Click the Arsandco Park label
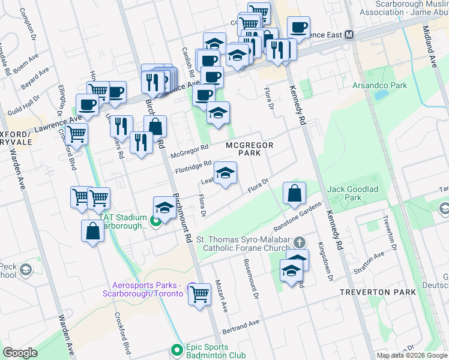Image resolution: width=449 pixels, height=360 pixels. (x=379, y=85)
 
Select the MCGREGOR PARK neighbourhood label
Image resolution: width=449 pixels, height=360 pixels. (x=250, y=149)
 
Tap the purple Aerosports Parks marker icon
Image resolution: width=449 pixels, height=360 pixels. (x=191, y=286)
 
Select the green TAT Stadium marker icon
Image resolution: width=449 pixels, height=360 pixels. (x=155, y=221)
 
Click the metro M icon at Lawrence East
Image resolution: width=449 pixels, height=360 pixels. (x=349, y=35)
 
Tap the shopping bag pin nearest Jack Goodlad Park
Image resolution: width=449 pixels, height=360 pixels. (x=294, y=193)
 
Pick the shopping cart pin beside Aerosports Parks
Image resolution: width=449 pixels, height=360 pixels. (x=200, y=294)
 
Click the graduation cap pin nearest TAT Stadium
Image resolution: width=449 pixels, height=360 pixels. (x=164, y=208)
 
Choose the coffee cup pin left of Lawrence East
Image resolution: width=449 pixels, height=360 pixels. (x=298, y=27)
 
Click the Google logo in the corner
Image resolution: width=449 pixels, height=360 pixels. (x=20, y=352)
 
